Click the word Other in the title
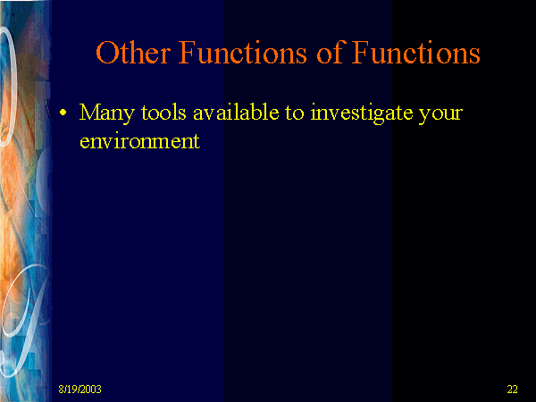point(132,53)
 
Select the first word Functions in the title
point(243,52)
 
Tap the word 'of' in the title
point(330,52)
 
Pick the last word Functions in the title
point(416,52)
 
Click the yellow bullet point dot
point(63,113)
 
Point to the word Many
point(107,113)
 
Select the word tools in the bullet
point(163,112)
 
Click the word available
point(236,112)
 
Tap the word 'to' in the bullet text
point(295,113)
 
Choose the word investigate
point(361,113)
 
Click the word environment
point(140,140)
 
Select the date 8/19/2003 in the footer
point(80,389)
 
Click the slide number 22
point(512,389)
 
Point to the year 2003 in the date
point(91,389)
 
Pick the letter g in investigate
point(379,116)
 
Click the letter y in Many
point(130,116)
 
